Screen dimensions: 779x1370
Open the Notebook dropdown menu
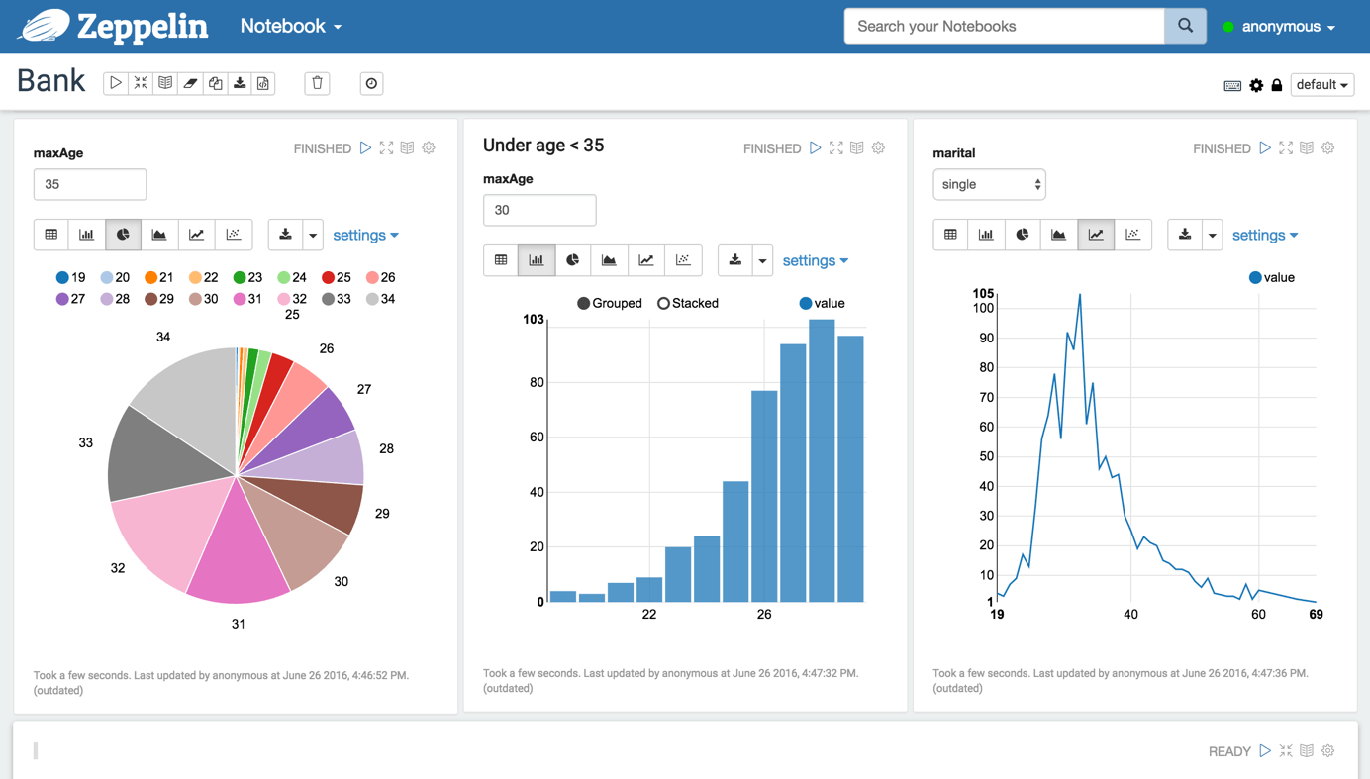290,27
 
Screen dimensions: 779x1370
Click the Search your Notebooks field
1004,26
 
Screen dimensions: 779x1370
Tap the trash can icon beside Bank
317,83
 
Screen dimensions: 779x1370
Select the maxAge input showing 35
90,184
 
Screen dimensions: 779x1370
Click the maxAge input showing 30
539,210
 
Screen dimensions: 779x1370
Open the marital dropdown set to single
989,184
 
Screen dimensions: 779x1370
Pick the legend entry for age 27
70,299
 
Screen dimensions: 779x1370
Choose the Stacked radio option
664,303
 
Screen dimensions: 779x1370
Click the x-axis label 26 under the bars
764,615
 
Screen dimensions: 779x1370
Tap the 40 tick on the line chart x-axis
1130,615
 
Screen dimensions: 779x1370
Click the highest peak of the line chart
1080,295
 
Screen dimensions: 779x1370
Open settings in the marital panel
1264,235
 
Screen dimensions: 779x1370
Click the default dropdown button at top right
1321,85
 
